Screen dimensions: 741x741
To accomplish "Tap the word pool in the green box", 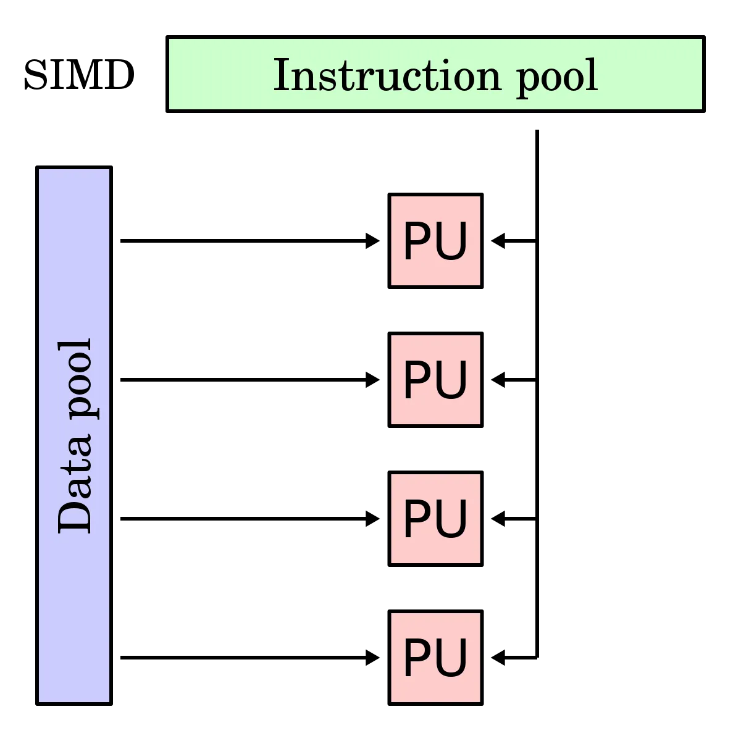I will [x=557, y=78].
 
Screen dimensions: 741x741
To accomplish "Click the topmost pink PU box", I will [x=435, y=241].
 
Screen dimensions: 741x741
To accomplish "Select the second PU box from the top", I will [x=435, y=380].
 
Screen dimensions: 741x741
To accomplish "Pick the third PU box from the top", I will [x=435, y=519].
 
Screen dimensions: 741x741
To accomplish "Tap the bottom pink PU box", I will [x=435, y=658].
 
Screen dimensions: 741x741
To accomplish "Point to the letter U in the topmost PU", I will [x=453, y=242].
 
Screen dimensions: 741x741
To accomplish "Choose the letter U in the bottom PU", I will [x=453, y=659].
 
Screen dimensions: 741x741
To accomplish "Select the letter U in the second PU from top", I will [x=453, y=381].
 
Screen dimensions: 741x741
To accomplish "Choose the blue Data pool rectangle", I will [x=74, y=617].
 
